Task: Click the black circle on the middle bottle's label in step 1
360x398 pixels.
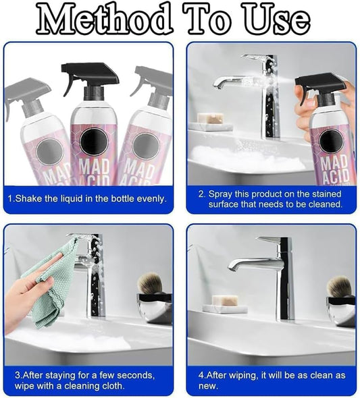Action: tap(94, 140)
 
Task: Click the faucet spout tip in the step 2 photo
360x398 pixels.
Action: tap(217, 87)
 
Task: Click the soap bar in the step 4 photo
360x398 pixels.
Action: tap(225, 301)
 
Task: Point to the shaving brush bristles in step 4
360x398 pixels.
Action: tap(339, 286)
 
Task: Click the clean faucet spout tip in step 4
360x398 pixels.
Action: tap(231, 268)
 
